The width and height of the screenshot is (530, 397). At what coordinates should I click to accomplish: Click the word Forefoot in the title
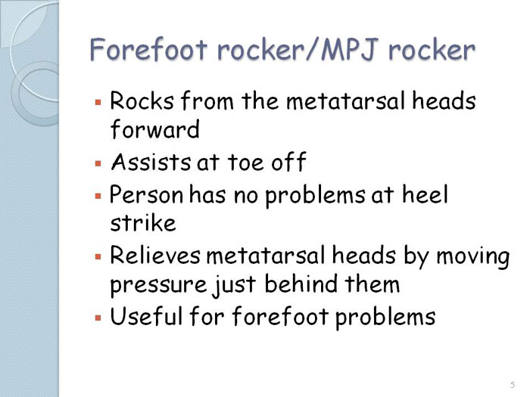pyautogui.click(x=148, y=49)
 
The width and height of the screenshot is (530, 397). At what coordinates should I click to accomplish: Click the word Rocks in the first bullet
pyautogui.click(x=142, y=101)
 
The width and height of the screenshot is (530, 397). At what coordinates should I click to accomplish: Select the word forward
pyautogui.click(x=155, y=129)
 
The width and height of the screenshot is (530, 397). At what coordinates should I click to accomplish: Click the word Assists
pyautogui.click(x=151, y=162)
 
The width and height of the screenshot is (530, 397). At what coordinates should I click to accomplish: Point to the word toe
pyautogui.click(x=245, y=162)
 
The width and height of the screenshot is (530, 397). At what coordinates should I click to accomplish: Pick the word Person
pyautogui.click(x=146, y=195)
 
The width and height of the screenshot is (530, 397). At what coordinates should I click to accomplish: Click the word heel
pyautogui.click(x=425, y=194)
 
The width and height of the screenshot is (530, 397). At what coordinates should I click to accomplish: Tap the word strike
pyautogui.click(x=143, y=223)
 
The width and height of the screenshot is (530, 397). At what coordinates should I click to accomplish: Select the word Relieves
pyautogui.click(x=155, y=255)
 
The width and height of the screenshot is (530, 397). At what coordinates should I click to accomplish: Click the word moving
pyautogui.click(x=473, y=257)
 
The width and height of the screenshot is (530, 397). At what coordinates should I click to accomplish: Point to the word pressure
pyautogui.click(x=158, y=285)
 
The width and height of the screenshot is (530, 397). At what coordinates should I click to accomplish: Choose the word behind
pyautogui.click(x=301, y=284)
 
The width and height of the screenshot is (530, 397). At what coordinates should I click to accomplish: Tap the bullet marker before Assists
pyautogui.click(x=98, y=164)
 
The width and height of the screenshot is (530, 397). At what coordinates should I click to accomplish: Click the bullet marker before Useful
pyautogui.click(x=98, y=318)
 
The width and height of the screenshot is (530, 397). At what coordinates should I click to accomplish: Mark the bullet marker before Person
pyautogui.click(x=98, y=196)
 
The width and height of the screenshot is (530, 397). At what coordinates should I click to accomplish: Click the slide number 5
pyautogui.click(x=513, y=384)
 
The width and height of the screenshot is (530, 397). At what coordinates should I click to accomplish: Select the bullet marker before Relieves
pyautogui.click(x=98, y=257)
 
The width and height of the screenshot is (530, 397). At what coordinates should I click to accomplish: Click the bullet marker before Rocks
pyautogui.click(x=98, y=102)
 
